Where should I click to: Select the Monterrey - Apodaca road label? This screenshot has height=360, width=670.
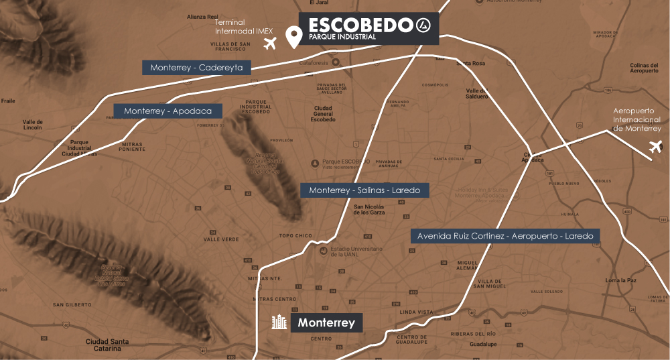click(167, 111)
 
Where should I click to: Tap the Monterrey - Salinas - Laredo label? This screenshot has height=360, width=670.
click(364, 190)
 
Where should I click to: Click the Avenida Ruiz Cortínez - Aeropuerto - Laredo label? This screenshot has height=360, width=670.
click(505, 237)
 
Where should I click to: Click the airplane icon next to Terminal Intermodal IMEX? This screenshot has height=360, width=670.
click(270, 44)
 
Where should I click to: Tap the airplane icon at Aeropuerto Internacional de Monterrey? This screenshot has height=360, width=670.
click(655, 147)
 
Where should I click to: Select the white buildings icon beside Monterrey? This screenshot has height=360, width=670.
click(278, 322)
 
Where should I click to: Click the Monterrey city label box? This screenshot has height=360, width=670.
click(326, 322)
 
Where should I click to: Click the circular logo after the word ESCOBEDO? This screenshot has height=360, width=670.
click(422, 25)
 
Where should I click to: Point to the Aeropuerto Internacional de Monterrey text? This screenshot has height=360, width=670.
click(637, 119)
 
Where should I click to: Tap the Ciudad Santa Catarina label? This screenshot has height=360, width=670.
click(107, 345)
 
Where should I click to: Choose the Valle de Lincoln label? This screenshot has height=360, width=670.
click(32, 123)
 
